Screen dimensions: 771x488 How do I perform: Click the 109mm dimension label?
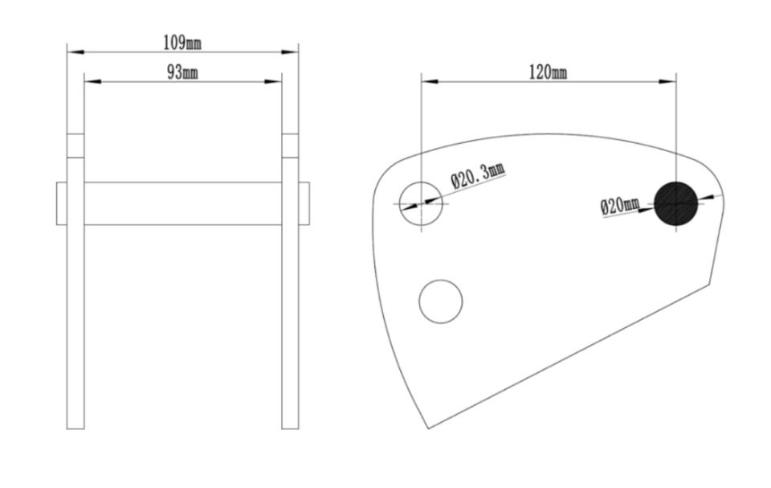[x=182, y=43]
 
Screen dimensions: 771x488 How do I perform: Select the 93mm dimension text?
[x=182, y=72]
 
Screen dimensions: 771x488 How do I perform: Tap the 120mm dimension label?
[x=548, y=73]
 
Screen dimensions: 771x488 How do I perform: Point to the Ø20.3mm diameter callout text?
[x=478, y=176]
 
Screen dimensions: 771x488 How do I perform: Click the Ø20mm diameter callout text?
[x=620, y=205]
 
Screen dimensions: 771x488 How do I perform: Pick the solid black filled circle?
[x=676, y=203]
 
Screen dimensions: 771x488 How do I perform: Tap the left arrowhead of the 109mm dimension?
[x=75, y=51]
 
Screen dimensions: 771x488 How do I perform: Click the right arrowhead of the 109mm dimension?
[x=290, y=51]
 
